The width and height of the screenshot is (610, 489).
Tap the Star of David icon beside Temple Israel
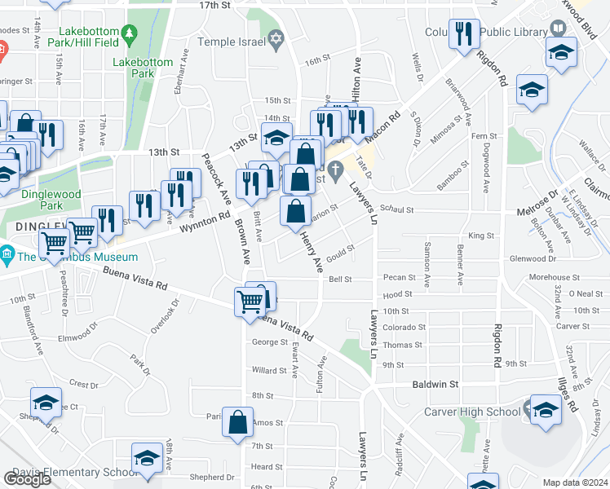pyautogui.click(x=276, y=39)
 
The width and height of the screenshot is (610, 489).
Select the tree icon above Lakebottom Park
pyautogui.click(x=130, y=34)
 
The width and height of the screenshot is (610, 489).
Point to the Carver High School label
pyautogui.click(x=471, y=412)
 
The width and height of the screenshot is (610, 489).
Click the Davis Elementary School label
pyautogui.click(x=68, y=473)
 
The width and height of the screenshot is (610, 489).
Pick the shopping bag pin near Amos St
pyautogui.click(x=237, y=422)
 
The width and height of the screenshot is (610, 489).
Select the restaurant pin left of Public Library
pyautogui.click(x=465, y=33)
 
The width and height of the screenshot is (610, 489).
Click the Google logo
pyautogui.click(x=27, y=478)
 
